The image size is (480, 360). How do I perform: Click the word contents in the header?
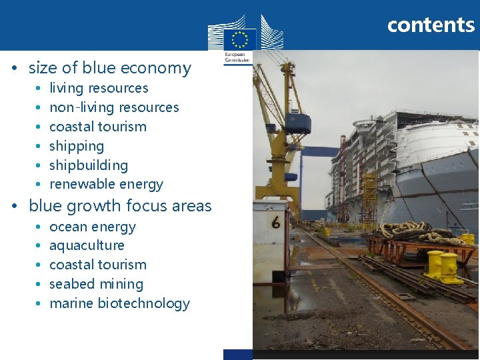pyautogui.click(x=431, y=25)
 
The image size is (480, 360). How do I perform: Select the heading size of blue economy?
pyautogui.click(x=109, y=68)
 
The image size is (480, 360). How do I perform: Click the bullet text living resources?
pyautogui.click(x=99, y=88)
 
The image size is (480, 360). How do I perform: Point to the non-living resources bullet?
pyautogui.click(x=114, y=107)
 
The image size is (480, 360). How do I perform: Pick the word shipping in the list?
pyautogui.click(x=77, y=146)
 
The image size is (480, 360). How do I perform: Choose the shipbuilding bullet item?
pyautogui.click(x=89, y=165)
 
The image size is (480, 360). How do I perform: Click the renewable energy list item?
pyautogui.click(x=106, y=184)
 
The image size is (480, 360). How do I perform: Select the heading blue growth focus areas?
pyautogui.click(x=120, y=206)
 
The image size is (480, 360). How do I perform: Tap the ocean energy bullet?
pyautogui.click(x=93, y=227)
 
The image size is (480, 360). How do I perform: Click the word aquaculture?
pyautogui.click(x=87, y=245)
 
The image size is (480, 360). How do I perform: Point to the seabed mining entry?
pyautogui.click(x=96, y=284)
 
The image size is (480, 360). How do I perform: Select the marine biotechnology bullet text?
pyautogui.click(x=119, y=303)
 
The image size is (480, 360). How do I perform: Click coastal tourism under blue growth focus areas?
pyautogui.click(x=98, y=265)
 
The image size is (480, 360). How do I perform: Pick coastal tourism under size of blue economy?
pyautogui.click(x=98, y=127)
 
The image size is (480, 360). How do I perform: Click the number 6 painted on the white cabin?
pyautogui.click(x=275, y=223)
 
